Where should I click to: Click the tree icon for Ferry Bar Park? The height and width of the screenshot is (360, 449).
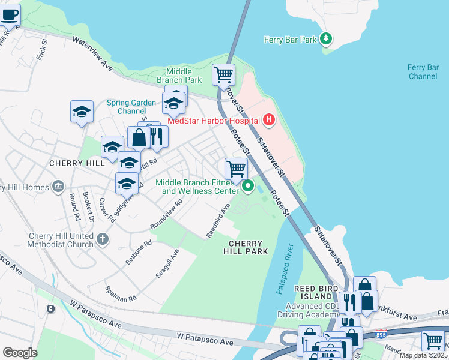(326, 39)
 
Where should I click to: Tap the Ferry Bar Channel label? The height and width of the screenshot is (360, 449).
(423, 72)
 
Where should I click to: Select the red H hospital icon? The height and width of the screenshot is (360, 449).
(269, 120)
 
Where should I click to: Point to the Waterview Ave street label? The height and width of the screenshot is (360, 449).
(93, 52)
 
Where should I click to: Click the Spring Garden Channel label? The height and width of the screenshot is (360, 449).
(127, 107)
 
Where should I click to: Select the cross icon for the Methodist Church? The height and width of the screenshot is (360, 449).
(103, 239)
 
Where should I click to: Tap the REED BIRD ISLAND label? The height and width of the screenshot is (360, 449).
(313, 292)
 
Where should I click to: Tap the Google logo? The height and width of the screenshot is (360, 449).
(20, 352)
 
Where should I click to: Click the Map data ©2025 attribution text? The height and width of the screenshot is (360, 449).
(423, 355)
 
